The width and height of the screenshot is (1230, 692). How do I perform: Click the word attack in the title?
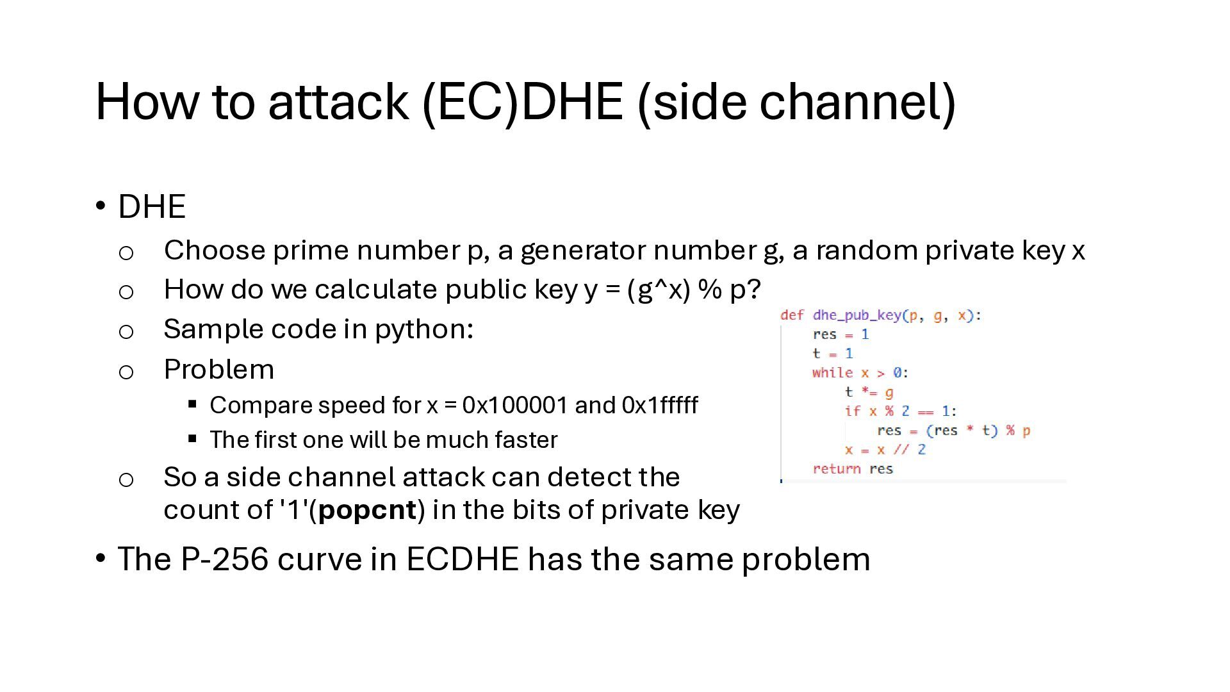(338, 102)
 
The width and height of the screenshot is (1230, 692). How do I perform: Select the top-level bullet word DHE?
(152, 207)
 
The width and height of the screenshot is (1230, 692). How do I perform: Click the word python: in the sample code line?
(424, 329)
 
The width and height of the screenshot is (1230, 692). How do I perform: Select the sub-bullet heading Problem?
(219, 370)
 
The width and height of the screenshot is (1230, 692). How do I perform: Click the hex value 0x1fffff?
(659, 406)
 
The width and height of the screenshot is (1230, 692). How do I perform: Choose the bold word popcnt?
(367, 510)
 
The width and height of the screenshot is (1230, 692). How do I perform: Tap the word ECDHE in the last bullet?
(462, 559)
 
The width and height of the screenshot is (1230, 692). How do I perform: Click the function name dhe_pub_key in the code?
(857, 315)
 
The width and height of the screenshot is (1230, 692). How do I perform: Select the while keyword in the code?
(832, 373)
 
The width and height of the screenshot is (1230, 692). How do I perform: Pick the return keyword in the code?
(836, 469)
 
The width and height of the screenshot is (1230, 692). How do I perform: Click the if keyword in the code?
(852, 411)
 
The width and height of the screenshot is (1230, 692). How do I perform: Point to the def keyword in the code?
(792, 315)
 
